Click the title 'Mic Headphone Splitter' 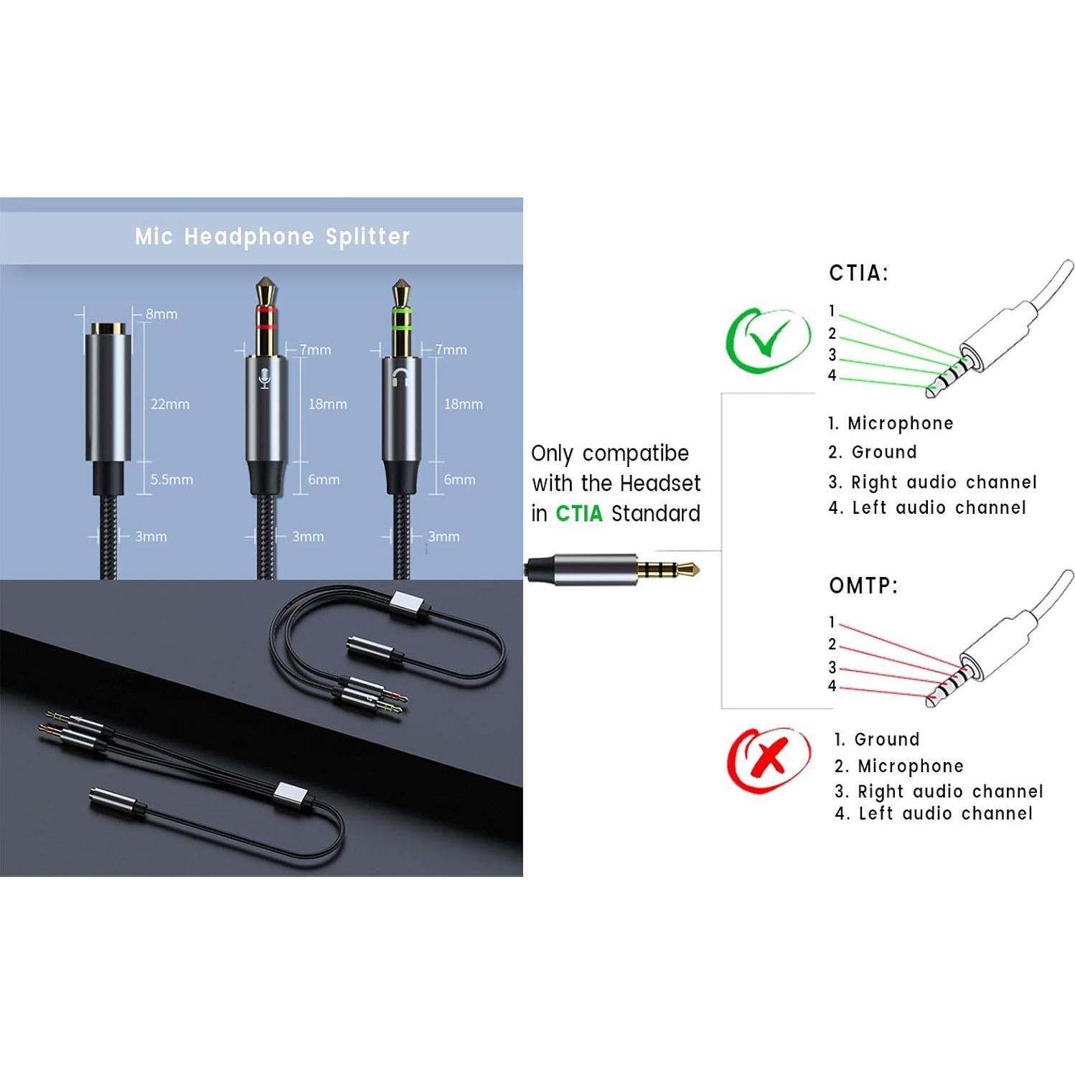(272, 237)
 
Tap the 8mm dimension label (161, 314)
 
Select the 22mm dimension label (170, 404)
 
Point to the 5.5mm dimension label (172, 479)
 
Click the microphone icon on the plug (264, 378)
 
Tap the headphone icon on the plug (400, 377)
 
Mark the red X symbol (769, 759)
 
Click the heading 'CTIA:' (858, 273)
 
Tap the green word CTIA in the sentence (578, 514)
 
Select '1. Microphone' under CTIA (890, 423)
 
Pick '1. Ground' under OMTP (876, 739)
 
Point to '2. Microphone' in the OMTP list (898, 766)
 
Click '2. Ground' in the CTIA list (872, 452)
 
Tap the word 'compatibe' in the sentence (635, 454)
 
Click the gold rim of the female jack (108, 329)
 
